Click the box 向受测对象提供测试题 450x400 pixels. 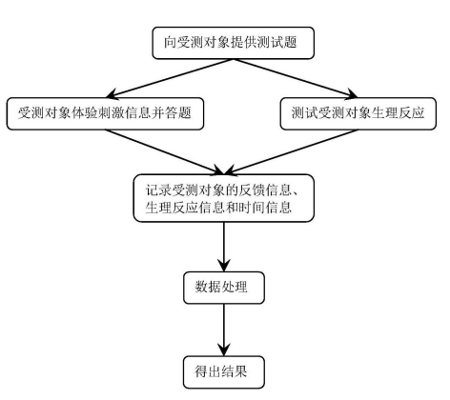pos(234,43)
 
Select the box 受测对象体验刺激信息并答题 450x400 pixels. pos(105,113)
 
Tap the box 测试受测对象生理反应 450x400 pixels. pos(358,113)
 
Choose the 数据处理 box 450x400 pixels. pos(224,288)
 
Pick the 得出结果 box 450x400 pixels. pos(224,372)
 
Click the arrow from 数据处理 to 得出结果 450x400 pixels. pos(224,330)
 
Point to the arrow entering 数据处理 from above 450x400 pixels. pos(224,247)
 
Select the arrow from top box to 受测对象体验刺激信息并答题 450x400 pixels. pos(170,78)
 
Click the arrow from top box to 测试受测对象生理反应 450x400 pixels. pos(296,78)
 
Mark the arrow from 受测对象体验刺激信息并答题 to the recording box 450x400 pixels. pos(165,152)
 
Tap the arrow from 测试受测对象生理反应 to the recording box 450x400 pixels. pos(291,152)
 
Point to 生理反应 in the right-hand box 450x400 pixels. pos(398,113)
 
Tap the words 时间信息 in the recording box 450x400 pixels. pos(265,208)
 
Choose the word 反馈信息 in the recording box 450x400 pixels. pos(265,190)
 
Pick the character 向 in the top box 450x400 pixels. pos(171,43)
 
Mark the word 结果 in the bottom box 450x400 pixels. pos(235,371)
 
